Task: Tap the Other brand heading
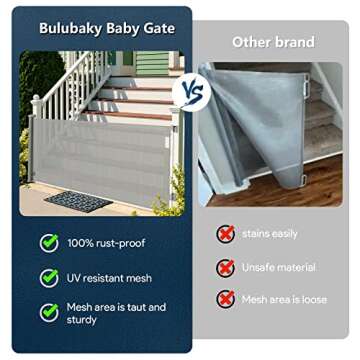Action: pyautogui.click(x=273, y=43)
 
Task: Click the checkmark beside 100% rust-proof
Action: pyautogui.click(x=49, y=242)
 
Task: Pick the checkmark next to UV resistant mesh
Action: pyautogui.click(x=49, y=277)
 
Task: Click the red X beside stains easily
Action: pyautogui.click(x=226, y=233)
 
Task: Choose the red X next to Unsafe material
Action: pyautogui.click(x=226, y=267)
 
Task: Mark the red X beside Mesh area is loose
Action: pyautogui.click(x=226, y=299)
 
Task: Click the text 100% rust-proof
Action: pyautogui.click(x=106, y=242)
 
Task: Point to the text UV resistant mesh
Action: pyautogui.click(x=110, y=277)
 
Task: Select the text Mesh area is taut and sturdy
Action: pyautogui.click(x=116, y=314)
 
